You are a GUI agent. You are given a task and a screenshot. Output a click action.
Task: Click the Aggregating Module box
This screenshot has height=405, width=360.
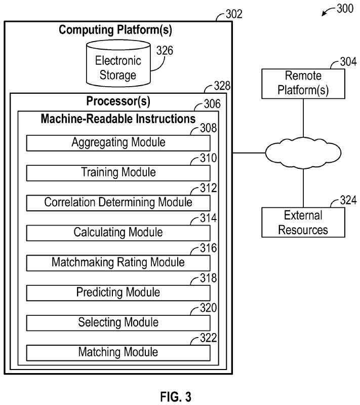pyautogui.click(x=118, y=143)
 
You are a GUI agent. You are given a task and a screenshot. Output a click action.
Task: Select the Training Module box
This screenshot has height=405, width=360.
pyautogui.click(x=118, y=173)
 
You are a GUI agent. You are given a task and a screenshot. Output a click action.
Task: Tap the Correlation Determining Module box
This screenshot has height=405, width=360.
pyautogui.click(x=118, y=203)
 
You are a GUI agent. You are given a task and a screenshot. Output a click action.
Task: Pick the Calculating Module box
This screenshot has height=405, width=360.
pyautogui.click(x=118, y=233)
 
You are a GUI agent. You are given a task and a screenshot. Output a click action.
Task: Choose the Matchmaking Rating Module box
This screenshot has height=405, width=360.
pyautogui.click(x=118, y=263)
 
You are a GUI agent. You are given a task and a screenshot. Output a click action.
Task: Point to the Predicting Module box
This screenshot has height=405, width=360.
pyautogui.click(x=118, y=292)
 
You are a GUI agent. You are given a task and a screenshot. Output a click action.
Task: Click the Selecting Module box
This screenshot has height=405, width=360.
pyautogui.click(x=118, y=322)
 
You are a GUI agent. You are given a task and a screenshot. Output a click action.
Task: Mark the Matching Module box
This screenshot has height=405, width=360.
pyautogui.click(x=118, y=352)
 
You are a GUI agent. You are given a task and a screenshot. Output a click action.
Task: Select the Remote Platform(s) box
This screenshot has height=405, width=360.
pyautogui.click(x=303, y=84)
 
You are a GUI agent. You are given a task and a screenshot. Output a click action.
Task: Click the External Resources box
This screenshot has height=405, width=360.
pyautogui.click(x=303, y=223)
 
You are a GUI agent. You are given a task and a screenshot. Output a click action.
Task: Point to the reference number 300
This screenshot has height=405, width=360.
pyautogui.click(x=344, y=9)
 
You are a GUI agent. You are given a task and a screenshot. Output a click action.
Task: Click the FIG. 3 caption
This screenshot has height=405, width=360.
pyautogui.click(x=177, y=396)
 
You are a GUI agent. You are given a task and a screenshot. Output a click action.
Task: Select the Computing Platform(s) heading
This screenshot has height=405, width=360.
pyautogui.click(x=115, y=30)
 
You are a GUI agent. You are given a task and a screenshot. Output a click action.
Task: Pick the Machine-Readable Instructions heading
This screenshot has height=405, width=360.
pyautogui.click(x=118, y=120)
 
